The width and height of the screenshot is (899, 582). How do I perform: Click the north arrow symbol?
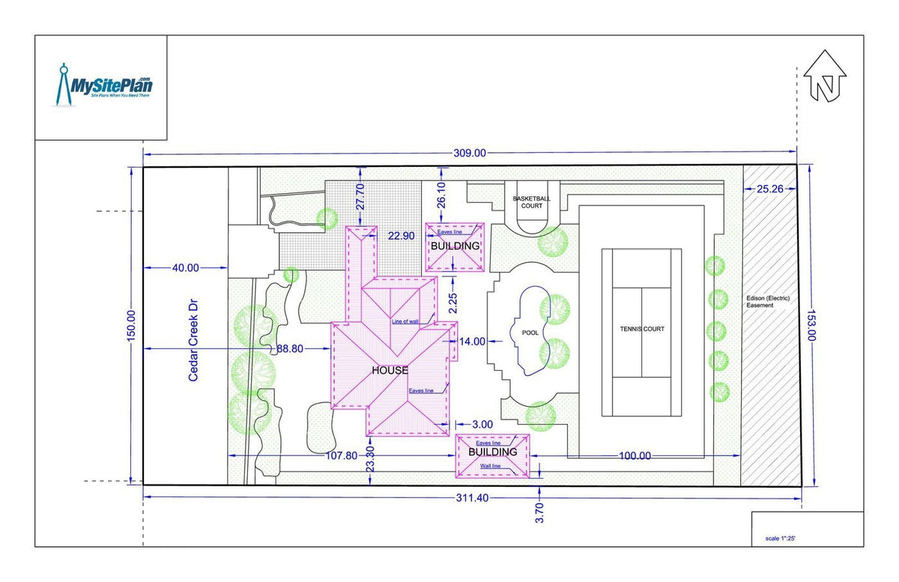click(x=825, y=76)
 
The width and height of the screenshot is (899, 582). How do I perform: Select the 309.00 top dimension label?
click(x=470, y=153)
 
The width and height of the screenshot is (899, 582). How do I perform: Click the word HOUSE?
click(x=390, y=370)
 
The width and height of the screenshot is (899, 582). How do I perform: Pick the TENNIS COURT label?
click(x=641, y=329)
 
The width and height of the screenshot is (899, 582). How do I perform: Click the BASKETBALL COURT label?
click(x=531, y=201)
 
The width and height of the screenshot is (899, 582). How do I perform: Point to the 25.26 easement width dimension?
click(x=769, y=189)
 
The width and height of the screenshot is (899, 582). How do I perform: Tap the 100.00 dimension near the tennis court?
click(x=635, y=455)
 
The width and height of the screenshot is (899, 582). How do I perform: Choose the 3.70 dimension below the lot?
click(x=539, y=513)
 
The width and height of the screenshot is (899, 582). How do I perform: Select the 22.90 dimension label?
click(x=401, y=236)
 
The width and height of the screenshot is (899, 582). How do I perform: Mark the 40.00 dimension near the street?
click(x=185, y=267)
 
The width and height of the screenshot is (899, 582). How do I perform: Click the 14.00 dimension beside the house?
click(x=473, y=341)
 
